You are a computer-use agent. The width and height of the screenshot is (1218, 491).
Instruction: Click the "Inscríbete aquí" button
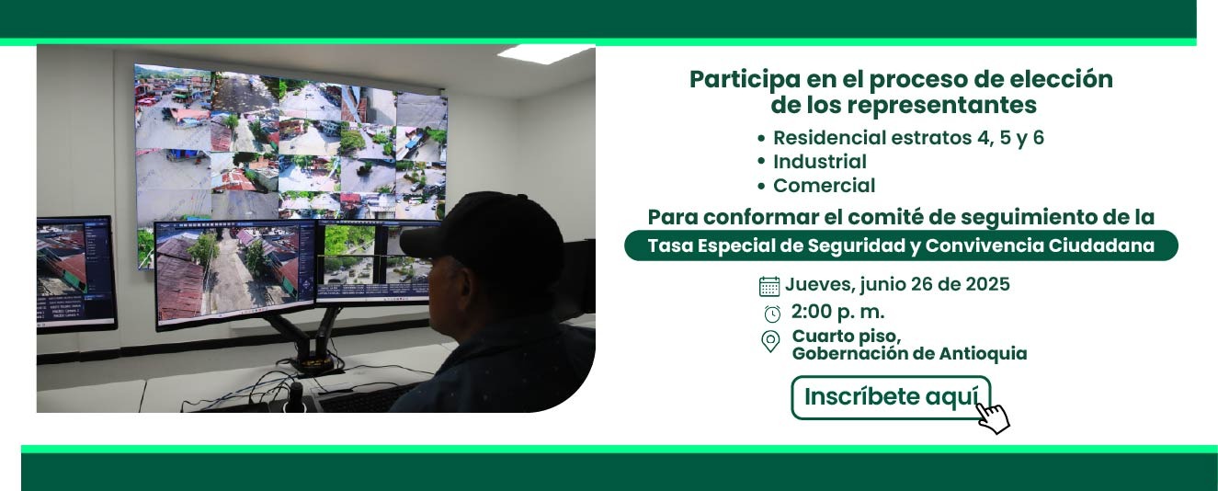(891, 397)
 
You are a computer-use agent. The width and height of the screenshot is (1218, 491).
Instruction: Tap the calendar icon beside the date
(768, 286)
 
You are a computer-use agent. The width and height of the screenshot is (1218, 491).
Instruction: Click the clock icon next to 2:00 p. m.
(772, 314)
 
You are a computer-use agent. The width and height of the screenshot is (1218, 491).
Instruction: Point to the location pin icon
(770, 341)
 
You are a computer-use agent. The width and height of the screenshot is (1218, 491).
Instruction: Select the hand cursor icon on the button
(993, 418)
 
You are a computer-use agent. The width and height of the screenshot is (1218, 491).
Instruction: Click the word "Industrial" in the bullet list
(820, 162)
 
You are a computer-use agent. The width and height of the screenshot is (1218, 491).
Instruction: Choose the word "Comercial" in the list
(825, 186)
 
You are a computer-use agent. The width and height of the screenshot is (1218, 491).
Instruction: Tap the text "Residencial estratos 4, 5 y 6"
(908, 138)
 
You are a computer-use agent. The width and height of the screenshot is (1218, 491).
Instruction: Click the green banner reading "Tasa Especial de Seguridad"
(901, 245)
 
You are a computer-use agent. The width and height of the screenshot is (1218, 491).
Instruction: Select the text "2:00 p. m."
(838, 312)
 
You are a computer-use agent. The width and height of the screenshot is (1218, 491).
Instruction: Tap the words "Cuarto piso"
(846, 336)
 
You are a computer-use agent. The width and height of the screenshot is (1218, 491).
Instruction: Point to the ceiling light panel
(545, 52)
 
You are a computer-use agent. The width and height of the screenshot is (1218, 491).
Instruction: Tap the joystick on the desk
(295, 397)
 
